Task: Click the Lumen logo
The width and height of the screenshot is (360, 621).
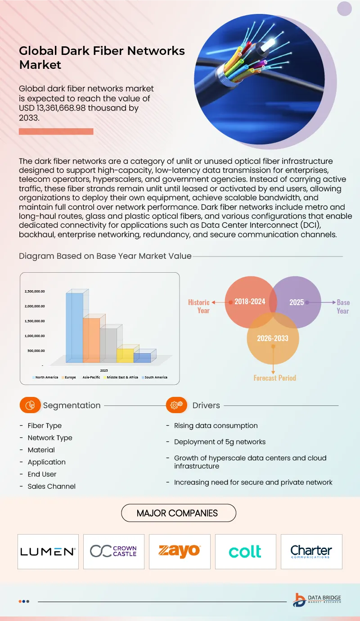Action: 48,551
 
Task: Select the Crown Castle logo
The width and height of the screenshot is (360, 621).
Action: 113,551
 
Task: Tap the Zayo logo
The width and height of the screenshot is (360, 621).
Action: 179,551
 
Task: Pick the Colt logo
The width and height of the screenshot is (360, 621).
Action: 245,551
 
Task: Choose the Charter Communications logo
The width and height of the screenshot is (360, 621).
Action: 311,551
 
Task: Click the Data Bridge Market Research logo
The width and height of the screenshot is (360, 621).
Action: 317,600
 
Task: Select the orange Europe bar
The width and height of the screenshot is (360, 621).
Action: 91,340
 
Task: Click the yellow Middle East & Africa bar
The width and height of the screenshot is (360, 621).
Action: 125,355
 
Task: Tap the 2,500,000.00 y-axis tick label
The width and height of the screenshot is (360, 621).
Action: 35,292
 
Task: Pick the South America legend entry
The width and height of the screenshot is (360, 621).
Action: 155,377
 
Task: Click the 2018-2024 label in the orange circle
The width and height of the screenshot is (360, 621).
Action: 250,301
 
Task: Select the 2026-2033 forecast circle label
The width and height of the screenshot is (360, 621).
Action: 273,338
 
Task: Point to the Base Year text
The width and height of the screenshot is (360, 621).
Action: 343,306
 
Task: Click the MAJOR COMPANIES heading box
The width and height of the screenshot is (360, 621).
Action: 177,513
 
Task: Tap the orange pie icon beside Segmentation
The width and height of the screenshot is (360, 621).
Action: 30,405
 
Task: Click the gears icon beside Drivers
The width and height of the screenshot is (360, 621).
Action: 176,405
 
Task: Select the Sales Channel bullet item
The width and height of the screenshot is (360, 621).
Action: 51,486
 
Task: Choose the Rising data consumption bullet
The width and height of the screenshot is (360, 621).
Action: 216,426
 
